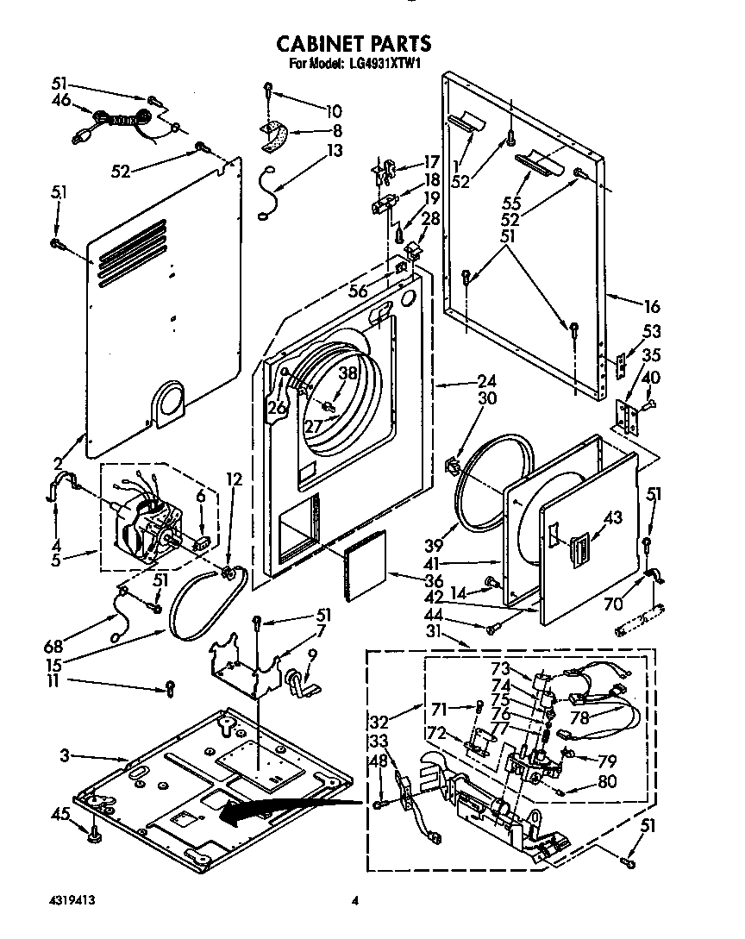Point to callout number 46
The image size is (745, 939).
pyautogui.click(x=60, y=100)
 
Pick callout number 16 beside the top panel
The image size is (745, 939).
pyautogui.click(x=651, y=306)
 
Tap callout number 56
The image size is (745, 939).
pyautogui.click(x=357, y=291)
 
